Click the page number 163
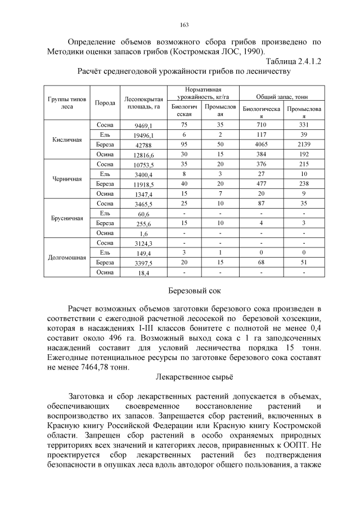click(183, 24)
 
